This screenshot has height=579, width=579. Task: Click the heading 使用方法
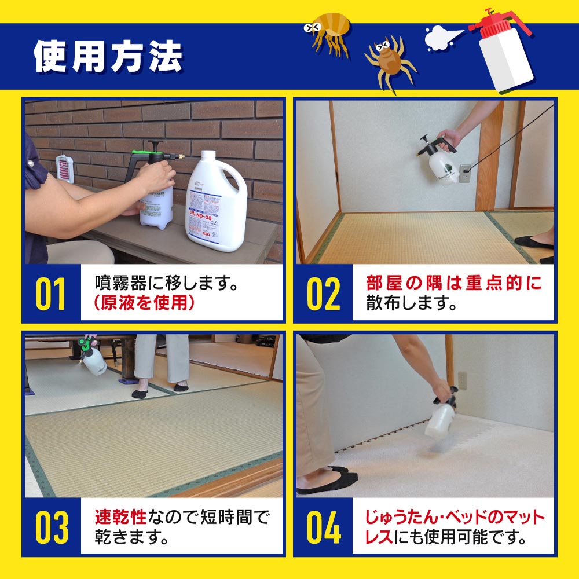(x=108, y=56)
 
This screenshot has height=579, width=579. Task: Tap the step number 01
(x=51, y=294)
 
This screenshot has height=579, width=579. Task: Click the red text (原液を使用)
(x=144, y=304)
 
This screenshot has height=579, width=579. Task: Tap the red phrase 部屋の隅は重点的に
(x=454, y=283)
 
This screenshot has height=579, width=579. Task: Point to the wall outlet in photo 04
(x=462, y=380)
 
